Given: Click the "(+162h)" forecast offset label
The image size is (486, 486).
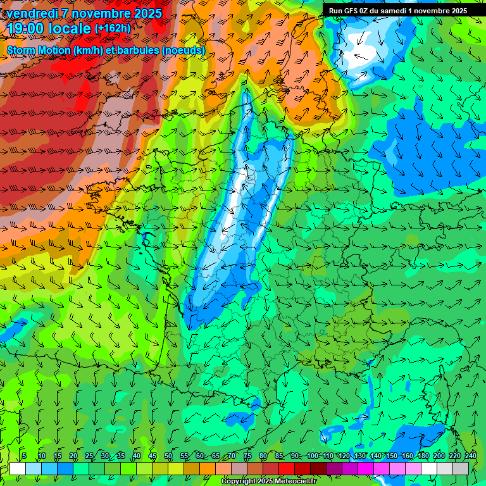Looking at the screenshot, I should [113, 28].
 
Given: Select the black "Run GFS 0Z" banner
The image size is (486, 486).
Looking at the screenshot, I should [398, 11].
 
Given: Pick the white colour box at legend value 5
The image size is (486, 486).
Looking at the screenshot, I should [18, 469].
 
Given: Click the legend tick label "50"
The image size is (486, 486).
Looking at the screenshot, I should [168, 456].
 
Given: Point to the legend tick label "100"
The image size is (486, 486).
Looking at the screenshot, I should [313, 456].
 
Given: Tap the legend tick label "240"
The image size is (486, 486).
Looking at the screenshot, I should [470, 456].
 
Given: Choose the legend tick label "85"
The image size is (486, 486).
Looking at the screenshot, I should [279, 456].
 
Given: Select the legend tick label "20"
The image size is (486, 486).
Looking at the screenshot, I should [73, 456].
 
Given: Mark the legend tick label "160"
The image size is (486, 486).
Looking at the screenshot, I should [408, 456].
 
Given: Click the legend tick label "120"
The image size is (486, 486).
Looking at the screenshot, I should [344, 456].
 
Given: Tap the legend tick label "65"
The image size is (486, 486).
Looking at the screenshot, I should [216, 456].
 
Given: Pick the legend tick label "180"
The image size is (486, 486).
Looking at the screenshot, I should [423, 456].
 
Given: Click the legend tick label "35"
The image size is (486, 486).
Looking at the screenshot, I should [121, 456].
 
